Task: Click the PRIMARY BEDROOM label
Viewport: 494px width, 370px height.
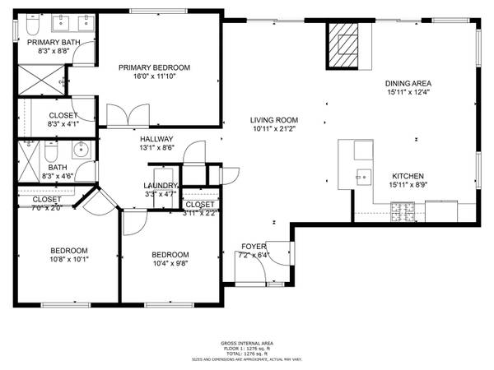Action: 154,67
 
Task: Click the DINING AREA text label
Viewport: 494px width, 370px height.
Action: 408,83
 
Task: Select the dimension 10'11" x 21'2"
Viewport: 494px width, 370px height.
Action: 273,129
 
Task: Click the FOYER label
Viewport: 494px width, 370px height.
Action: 254,247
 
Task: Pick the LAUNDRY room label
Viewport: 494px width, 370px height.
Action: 161,186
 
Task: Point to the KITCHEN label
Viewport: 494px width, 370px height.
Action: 408,176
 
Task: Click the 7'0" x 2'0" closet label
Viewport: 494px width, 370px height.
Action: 47,207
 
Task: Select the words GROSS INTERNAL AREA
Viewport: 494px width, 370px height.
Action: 247,343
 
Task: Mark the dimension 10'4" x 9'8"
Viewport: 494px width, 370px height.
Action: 170,263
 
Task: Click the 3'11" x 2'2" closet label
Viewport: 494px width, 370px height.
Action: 200,212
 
